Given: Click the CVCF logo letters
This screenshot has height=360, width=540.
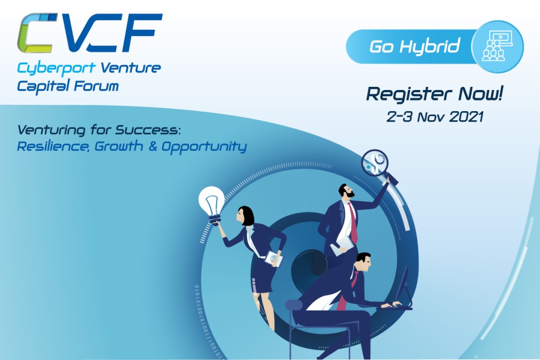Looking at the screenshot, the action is click(89, 33).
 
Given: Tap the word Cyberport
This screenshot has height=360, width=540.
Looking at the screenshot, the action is click(56, 68).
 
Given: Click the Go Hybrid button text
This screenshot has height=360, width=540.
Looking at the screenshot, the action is click(415, 46).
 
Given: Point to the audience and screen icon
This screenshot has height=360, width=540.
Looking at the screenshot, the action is click(498, 46).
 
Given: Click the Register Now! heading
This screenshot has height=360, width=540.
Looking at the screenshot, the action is click(434, 94).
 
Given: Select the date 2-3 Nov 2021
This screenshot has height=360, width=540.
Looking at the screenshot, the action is click(435, 117).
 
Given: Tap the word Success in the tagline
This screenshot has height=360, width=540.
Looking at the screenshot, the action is click(148, 130).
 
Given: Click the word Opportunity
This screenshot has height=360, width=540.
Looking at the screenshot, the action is click(204, 147).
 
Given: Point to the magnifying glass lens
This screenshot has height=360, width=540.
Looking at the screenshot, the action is click(375, 162).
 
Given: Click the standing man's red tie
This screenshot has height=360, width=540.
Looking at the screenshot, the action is click(353, 222).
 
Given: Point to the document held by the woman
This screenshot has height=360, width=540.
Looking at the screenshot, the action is click(274, 259).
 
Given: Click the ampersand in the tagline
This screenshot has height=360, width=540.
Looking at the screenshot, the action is click(152, 146).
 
